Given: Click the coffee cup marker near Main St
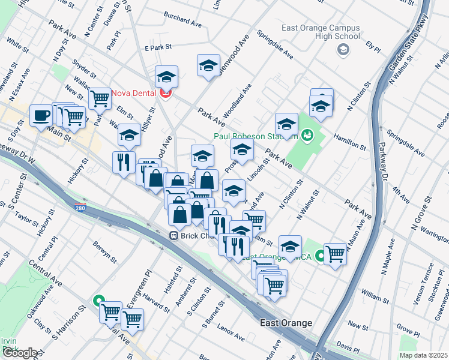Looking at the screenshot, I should tap(41, 115).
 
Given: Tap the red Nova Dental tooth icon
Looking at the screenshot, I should tap(165, 93).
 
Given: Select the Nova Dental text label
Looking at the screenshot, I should tap(134, 94).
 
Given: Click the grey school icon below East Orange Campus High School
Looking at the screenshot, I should tap(343, 50).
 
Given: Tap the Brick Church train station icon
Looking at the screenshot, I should tap(173, 236).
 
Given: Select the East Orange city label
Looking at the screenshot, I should tap(286, 323).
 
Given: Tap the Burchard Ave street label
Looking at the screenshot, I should tap(182, 23).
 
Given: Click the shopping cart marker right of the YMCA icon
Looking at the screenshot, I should tap(335, 253).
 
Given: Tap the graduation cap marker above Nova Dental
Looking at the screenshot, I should tap(166, 76).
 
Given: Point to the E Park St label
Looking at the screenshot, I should tap(158, 46).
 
